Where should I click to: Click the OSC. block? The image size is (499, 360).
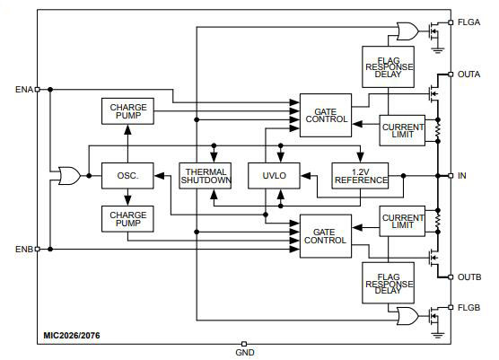click(127, 175)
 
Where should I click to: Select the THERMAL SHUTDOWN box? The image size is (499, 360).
click(206, 175)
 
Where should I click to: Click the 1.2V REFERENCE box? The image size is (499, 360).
click(360, 175)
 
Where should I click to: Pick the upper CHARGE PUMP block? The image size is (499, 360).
click(128, 112)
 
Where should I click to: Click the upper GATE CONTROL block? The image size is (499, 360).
click(325, 115)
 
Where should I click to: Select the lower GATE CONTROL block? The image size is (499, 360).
click(325, 236)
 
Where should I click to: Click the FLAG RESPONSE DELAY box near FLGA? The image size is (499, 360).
click(388, 67)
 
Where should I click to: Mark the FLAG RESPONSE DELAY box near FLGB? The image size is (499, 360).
click(388, 283)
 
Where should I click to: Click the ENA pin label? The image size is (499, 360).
click(23, 90)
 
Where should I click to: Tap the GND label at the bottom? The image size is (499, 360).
click(244, 353)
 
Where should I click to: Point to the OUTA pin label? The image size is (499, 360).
click(469, 75)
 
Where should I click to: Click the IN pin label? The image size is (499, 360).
click(461, 175)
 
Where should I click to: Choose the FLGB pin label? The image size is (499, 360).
click(469, 306)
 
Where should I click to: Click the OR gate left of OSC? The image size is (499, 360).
click(68, 175)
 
